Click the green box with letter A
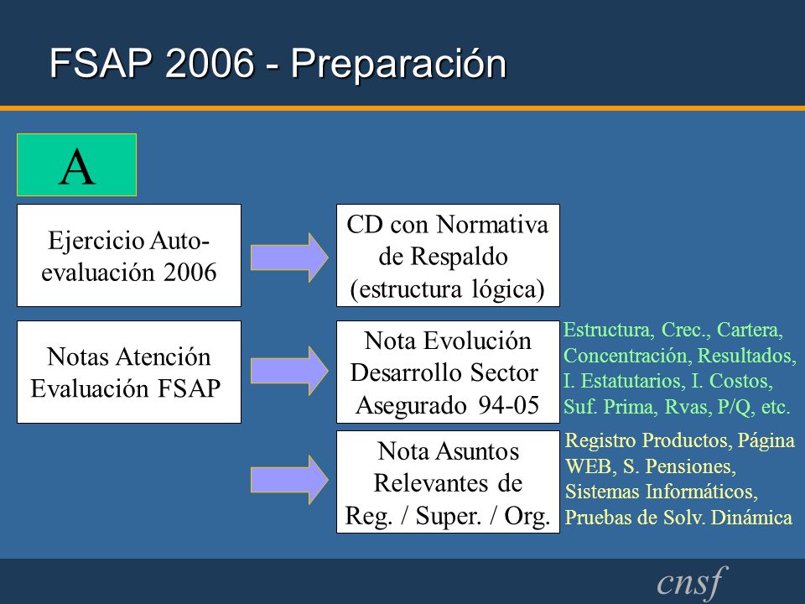(x=76, y=165)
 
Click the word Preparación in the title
(x=399, y=64)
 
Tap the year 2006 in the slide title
(x=210, y=63)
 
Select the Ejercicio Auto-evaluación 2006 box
(x=129, y=255)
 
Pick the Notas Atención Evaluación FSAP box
(x=129, y=372)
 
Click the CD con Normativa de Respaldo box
(x=448, y=255)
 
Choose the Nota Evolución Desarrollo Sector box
(x=448, y=372)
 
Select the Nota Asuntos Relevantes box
(x=448, y=482)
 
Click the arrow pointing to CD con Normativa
(x=289, y=258)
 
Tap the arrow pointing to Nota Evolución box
(x=289, y=371)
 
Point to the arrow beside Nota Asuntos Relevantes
(x=289, y=480)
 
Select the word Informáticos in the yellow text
(x=702, y=492)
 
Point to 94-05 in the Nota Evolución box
(x=509, y=405)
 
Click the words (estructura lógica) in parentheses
(x=447, y=289)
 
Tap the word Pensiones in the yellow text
(x=690, y=466)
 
